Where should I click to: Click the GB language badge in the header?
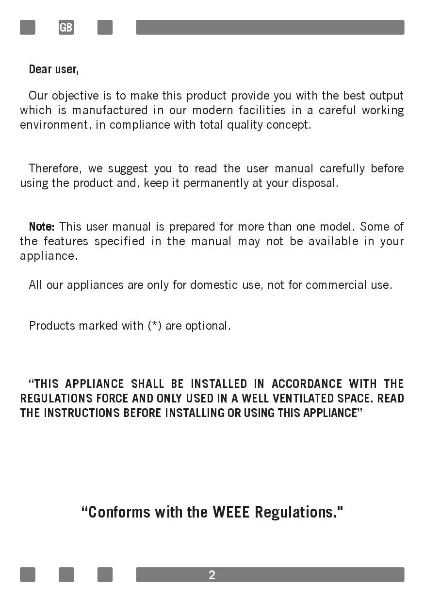point(66,28)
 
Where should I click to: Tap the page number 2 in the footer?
point(212,575)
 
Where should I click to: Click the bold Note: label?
point(42,227)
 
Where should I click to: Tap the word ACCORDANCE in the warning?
point(307,384)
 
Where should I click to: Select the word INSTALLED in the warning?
point(219,384)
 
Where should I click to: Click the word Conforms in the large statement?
point(119,512)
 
